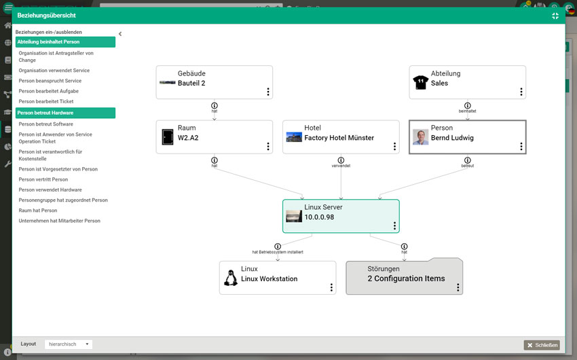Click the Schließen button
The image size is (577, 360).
pos(542,345)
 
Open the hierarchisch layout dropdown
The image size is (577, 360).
pos(69,344)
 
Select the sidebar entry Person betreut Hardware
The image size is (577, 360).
pos(65,113)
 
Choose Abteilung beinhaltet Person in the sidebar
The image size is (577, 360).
pos(65,41)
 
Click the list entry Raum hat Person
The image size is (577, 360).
pos(38,211)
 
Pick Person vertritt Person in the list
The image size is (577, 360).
pos(43,179)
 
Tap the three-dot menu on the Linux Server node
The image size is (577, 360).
pos(394,226)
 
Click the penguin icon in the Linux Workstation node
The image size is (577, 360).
pos(231,278)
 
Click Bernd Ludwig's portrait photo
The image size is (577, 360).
pos(421,137)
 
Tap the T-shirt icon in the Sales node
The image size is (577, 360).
pos(421,82)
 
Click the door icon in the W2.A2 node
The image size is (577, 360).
pos(168,137)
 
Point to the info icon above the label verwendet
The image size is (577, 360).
pos(341,160)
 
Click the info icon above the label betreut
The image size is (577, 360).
pos(467,160)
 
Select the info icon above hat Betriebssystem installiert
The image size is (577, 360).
pos(278,247)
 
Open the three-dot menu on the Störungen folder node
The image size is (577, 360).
pos(458,287)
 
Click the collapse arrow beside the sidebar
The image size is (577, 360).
pos(120,34)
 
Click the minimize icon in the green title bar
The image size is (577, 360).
pos(555,16)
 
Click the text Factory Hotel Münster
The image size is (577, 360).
pos(339,138)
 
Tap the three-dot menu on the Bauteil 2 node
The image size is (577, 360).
pos(268,92)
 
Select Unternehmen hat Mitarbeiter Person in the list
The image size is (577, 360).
pos(59,221)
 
